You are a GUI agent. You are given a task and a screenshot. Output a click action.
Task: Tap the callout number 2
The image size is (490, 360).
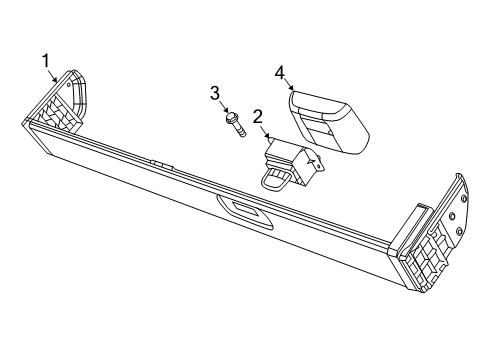point(257,116)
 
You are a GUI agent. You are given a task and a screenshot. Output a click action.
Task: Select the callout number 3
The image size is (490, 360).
point(215,92)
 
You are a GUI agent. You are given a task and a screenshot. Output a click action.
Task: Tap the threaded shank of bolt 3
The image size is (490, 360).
point(240,131)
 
